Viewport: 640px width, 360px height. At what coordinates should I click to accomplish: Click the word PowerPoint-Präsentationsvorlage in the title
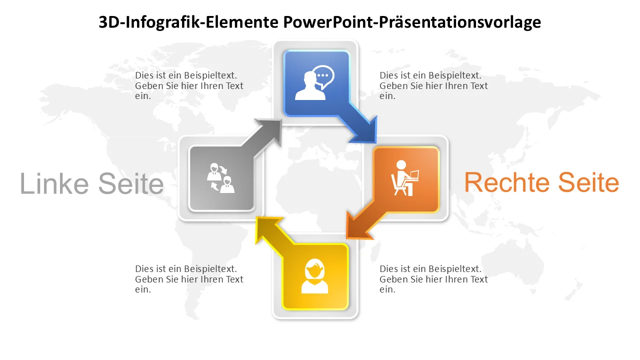(x=412, y=22)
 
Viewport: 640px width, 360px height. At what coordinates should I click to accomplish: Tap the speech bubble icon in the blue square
(x=323, y=77)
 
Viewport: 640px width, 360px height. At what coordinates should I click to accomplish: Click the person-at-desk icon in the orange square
(x=404, y=177)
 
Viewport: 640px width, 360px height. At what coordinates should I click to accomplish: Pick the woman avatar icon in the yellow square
(x=314, y=276)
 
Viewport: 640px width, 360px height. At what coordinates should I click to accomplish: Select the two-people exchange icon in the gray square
(x=220, y=177)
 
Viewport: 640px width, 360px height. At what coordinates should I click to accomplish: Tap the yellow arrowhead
(x=267, y=229)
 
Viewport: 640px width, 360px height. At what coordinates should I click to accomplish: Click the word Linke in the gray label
(x=54, y=183)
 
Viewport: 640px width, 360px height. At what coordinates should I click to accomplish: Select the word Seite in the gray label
(x=131, y=183)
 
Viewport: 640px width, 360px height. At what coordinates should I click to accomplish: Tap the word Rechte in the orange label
(x=507, y=182)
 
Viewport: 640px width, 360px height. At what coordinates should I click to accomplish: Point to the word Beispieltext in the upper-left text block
(x=210, y=75)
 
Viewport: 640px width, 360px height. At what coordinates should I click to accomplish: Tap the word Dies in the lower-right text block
(x=387, y=269)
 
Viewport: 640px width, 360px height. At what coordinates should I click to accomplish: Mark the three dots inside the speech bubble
(x=323, y=75)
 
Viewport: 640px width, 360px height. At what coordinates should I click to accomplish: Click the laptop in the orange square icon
(x=412, y=175)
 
